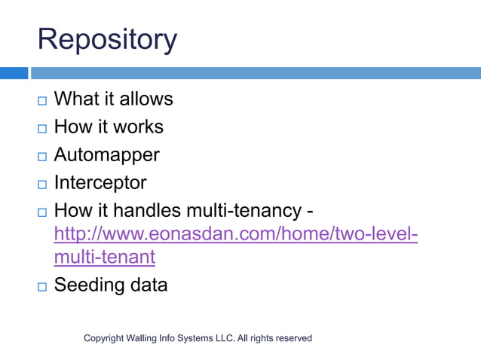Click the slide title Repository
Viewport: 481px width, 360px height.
[x=107, y=40]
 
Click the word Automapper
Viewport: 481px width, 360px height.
[x=106, y=155]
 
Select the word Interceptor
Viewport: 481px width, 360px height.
[x=100, y=183]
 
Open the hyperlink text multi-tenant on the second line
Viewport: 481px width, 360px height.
[x=104, y=257]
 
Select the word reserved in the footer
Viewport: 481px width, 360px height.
[x=293, y=338]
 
